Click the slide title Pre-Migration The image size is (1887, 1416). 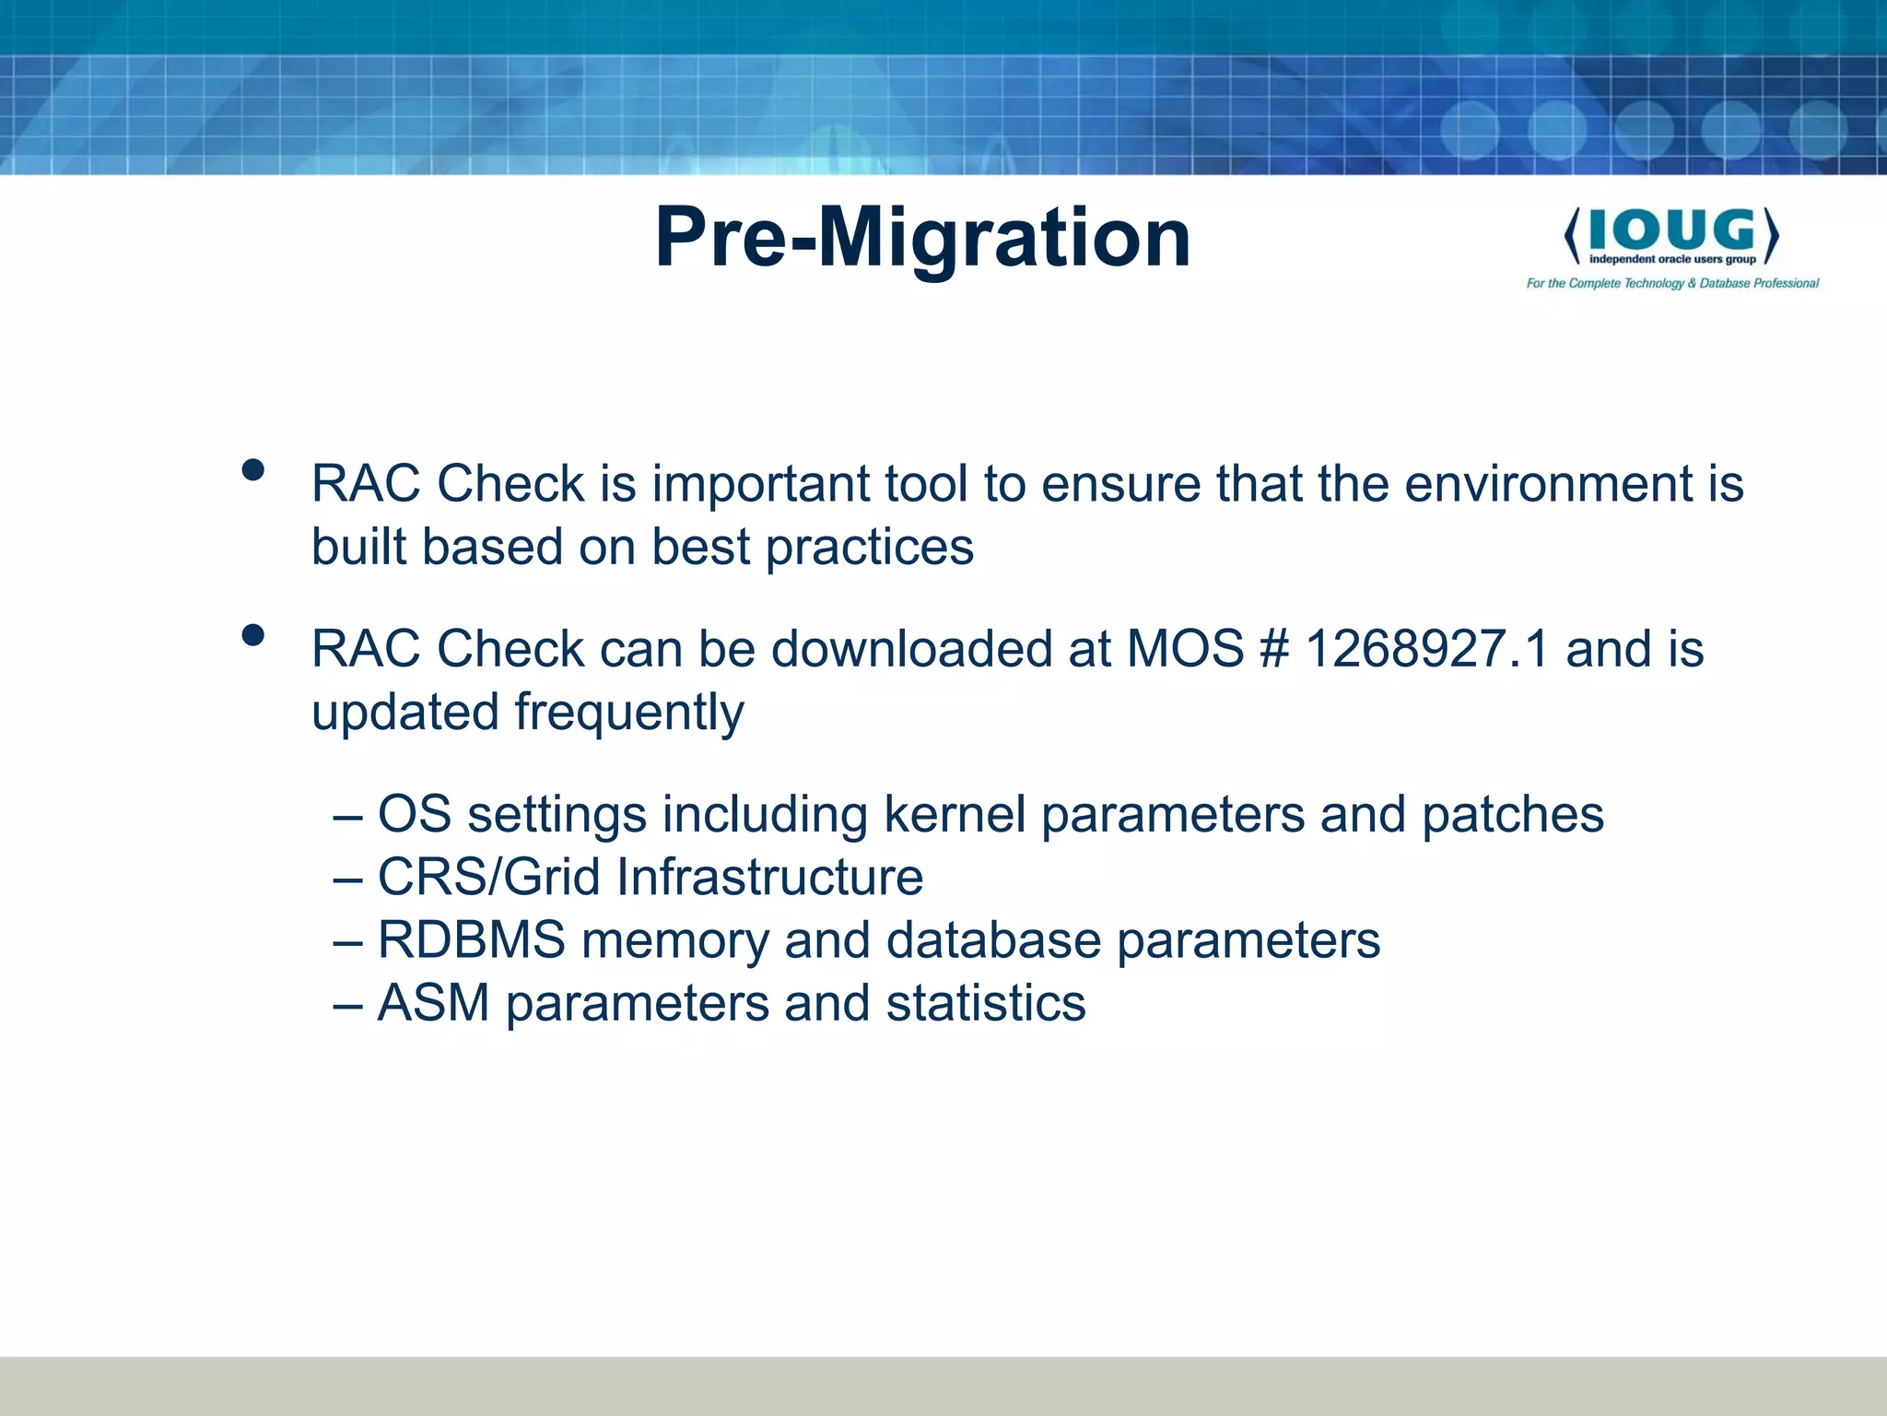click(922, 238)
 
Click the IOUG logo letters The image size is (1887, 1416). click(1671, 230)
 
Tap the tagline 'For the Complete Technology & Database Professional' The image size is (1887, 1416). click(1672, 283)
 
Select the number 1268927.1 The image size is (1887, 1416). click(1427, 648)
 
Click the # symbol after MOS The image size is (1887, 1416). click(1273, 648)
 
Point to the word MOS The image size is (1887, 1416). click(1185, 648)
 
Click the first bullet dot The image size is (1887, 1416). click(252, 471)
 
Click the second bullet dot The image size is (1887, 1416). click(252, 635)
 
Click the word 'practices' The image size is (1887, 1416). click(869, 548)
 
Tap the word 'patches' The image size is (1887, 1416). click(1512, 814)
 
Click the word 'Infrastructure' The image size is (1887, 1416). click(768, 877)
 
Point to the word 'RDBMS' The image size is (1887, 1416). click(471, 940)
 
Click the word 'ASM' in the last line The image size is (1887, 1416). click(433, 1003)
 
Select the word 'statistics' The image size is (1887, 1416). click(985, 1003)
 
